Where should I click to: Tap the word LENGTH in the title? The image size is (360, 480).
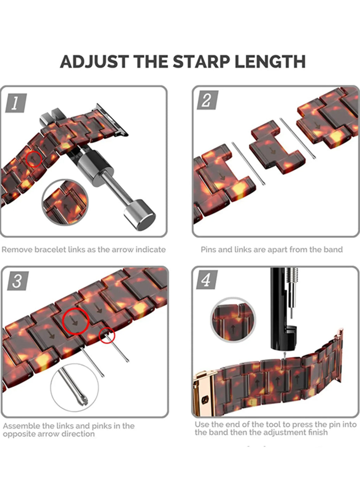[270, 62]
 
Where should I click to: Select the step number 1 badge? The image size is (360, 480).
[16, 103]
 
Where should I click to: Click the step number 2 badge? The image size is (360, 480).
[207, 100]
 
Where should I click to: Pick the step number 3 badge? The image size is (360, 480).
[18, 281]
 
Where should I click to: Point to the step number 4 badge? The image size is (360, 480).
[207, 280]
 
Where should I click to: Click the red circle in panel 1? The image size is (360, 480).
[34, 159]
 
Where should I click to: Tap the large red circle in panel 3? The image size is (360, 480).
[76, 321]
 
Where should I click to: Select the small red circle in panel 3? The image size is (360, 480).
[107, 335]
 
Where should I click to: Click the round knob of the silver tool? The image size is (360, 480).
[140, 215]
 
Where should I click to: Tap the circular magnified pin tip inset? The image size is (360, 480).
[75, 389]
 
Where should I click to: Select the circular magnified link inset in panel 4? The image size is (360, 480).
[233, 320]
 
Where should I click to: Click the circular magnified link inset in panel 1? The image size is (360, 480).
[65, 202]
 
